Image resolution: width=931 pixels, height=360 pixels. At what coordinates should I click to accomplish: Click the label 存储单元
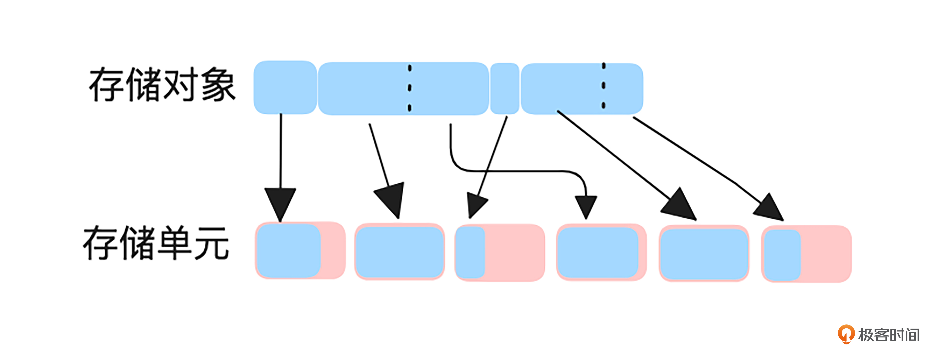156,243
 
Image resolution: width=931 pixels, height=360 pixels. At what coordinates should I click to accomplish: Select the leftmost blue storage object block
285,87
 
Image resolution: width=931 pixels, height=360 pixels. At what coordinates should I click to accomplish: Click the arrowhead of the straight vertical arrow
280,202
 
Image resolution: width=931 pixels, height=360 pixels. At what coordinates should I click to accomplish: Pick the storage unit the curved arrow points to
601,252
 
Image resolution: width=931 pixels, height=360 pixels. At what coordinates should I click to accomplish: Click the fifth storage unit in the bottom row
704,253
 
